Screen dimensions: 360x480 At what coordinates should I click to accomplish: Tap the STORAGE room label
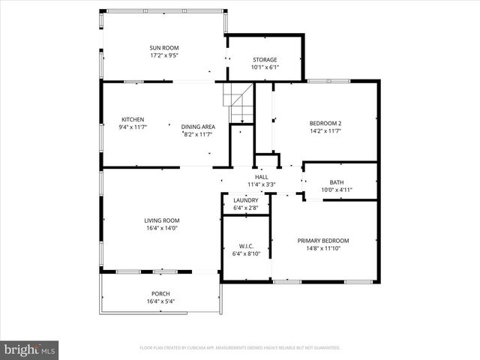click(264, 60)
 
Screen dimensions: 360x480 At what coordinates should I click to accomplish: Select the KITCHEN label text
click(133, 119)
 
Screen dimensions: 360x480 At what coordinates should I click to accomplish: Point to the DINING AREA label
click(197, 127)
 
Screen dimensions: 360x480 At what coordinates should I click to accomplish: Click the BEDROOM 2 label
click(325, 123)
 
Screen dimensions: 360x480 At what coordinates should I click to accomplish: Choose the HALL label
click(261, 177)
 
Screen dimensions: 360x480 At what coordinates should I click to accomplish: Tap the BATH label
click(337, 182)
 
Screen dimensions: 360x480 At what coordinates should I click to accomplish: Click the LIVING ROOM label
click(162, 220)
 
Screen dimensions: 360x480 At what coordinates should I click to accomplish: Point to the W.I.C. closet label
click(246, 245)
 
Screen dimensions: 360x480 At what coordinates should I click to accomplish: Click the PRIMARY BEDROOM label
click(323, 241)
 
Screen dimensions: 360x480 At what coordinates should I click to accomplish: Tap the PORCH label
click(161, 294)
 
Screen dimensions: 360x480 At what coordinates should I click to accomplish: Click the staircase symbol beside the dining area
click(239, 103)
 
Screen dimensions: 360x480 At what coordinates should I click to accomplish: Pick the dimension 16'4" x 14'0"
click(162, 227)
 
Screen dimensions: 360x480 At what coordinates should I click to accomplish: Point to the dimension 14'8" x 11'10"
click(323, 248)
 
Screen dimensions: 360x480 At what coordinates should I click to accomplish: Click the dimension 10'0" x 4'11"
click(337, 190)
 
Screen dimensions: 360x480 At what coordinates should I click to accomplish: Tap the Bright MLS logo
click(31, 349)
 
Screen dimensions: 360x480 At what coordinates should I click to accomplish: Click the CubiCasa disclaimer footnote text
click(240, 348)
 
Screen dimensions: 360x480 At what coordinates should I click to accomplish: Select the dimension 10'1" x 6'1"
click(264, 67)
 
